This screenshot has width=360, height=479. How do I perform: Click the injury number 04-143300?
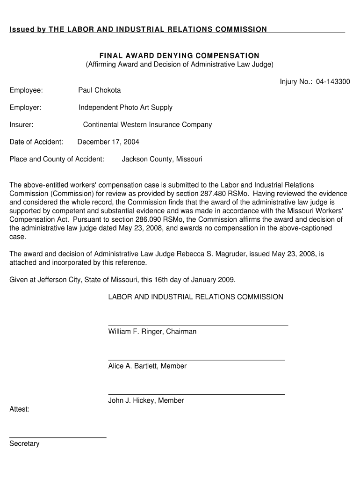click(332, 82)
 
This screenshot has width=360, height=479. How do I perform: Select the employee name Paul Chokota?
click(99, 90)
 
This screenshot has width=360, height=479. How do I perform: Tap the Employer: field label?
click(25, 107)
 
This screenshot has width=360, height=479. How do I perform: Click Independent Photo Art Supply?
click(125, 107)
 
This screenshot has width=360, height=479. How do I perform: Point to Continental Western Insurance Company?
click(147, 124)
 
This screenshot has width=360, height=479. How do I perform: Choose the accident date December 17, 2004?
click(108, 142)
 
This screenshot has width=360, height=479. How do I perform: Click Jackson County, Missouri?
click(162, 159)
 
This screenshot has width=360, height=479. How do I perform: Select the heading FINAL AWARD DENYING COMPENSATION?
click(179, 56)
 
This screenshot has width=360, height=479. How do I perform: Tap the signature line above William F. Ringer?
click(198, 325)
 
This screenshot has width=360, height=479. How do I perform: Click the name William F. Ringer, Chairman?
click(152, 332)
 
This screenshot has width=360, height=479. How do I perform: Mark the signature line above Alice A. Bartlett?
click(196, 360)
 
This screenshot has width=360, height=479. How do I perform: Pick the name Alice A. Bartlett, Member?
click(147, 366)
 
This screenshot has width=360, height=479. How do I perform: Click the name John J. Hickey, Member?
click(146, 400)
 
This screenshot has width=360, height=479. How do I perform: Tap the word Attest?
click(20, 409)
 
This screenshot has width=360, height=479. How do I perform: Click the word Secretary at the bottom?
click(24, 443)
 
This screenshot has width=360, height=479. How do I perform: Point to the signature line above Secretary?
click(58, 437)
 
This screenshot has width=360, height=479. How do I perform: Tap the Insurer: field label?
click(21, 124)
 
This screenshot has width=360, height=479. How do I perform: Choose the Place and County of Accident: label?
click(57, 159)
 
